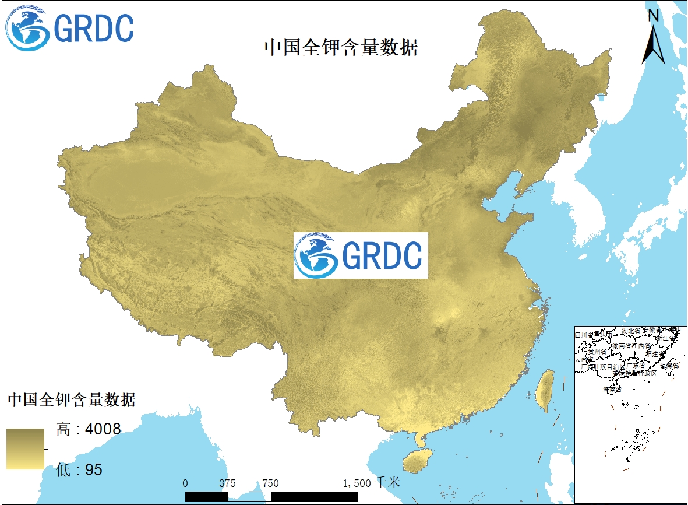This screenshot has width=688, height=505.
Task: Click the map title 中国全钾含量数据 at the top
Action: [341, 47]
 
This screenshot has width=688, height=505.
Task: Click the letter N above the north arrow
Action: [654, 16]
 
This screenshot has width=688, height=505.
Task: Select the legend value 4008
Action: [103, 430]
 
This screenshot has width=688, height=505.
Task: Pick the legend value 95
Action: [94, 469]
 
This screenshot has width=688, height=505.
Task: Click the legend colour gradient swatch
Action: [26, 449]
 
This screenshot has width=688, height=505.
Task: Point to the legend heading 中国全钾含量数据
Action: [71, 400]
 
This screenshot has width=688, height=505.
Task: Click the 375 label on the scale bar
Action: [228, 483]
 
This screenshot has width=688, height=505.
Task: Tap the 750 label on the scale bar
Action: [270, 483]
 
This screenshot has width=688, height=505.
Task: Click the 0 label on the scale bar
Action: [185, 483]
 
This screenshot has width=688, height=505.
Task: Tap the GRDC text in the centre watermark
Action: [382, 255]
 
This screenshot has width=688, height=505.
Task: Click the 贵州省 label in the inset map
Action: [597, 352]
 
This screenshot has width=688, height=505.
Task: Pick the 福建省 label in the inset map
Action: [659, 353]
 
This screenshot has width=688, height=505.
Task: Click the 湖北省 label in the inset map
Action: [630, 331]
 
